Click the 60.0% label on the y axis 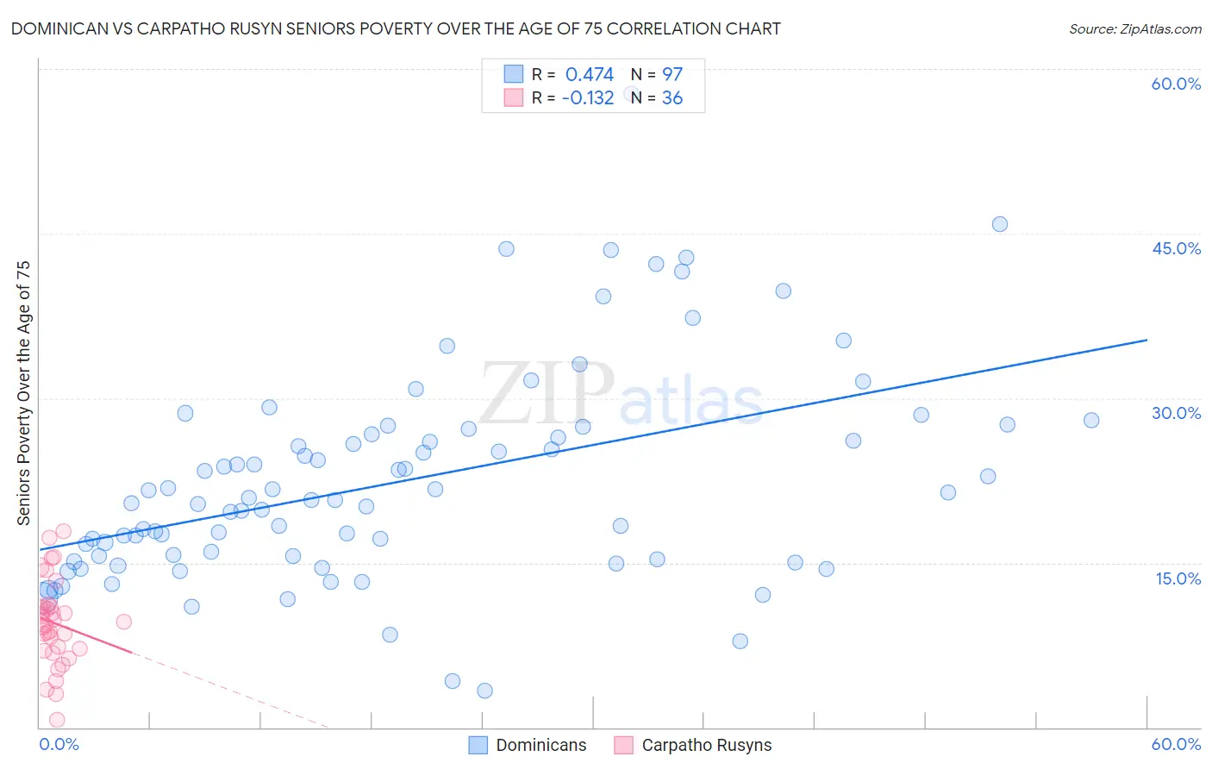click(1176, 84)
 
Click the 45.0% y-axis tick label click(1176, 248)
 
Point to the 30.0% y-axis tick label click(1176, 413)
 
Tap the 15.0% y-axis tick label click(1178, 578)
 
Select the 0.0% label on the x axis click(59, 744)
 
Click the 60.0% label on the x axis click(1176, 744)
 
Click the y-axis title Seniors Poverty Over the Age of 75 click(24, 392)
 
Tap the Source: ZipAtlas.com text click(1134, 29)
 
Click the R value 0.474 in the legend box click(589, 75)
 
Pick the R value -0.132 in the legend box click(587, 98)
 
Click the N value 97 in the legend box click(672, 75)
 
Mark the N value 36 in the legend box click(672, 98)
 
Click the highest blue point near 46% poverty click(999, 224)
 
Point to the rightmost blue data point click(1091, 421)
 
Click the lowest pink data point click(57, 720)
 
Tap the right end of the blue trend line click(1146, 340)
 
